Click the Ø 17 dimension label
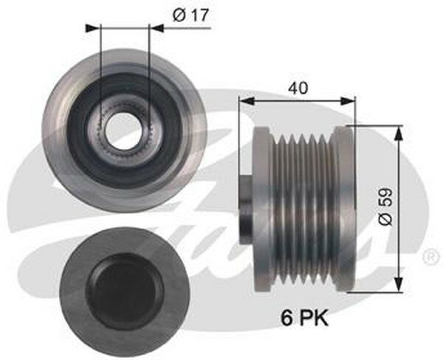pyautogui.click(x=190, y=15)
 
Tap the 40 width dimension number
pyautogui.click(x=298, y=88)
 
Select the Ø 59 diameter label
pyautogui.click(x=386, y=207)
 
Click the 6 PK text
pyautogui.click(x=304, y=318)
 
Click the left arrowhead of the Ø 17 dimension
pyautogui.click(x=93, y=28)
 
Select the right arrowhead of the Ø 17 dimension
pyautogui.click(x=156, y=28)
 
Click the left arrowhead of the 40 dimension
pyautogui.click(x=247, y=101)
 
